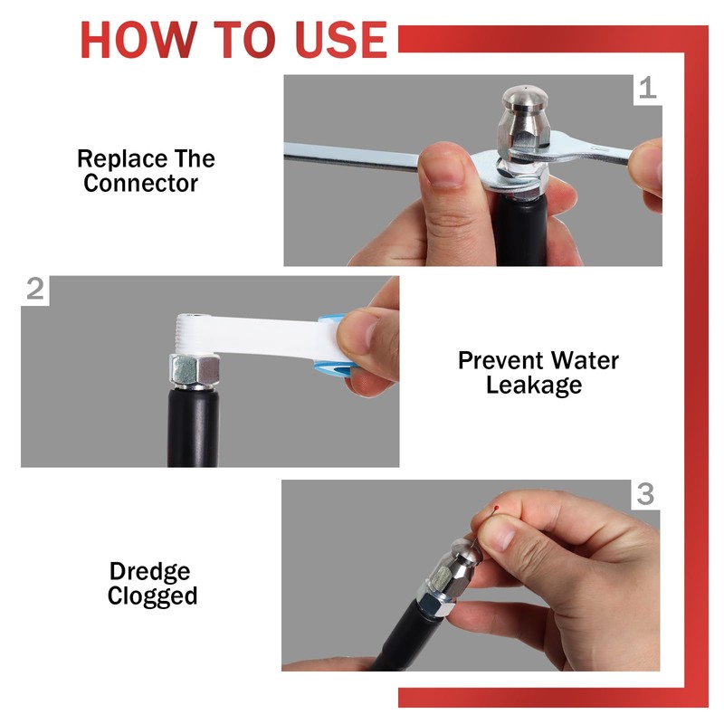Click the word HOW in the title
coord(138,40)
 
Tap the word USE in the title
coord(341,40)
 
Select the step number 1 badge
coord(648,89)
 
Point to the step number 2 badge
coord(35,290)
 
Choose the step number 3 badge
coord(645,494)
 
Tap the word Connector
coord(141,184)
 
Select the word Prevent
coord(500,360)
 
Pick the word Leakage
coord(534,386)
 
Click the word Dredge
coord(149,573)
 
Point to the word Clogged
coord(152,596)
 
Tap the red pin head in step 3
coord(496,509)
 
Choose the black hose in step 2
coord(193,427)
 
